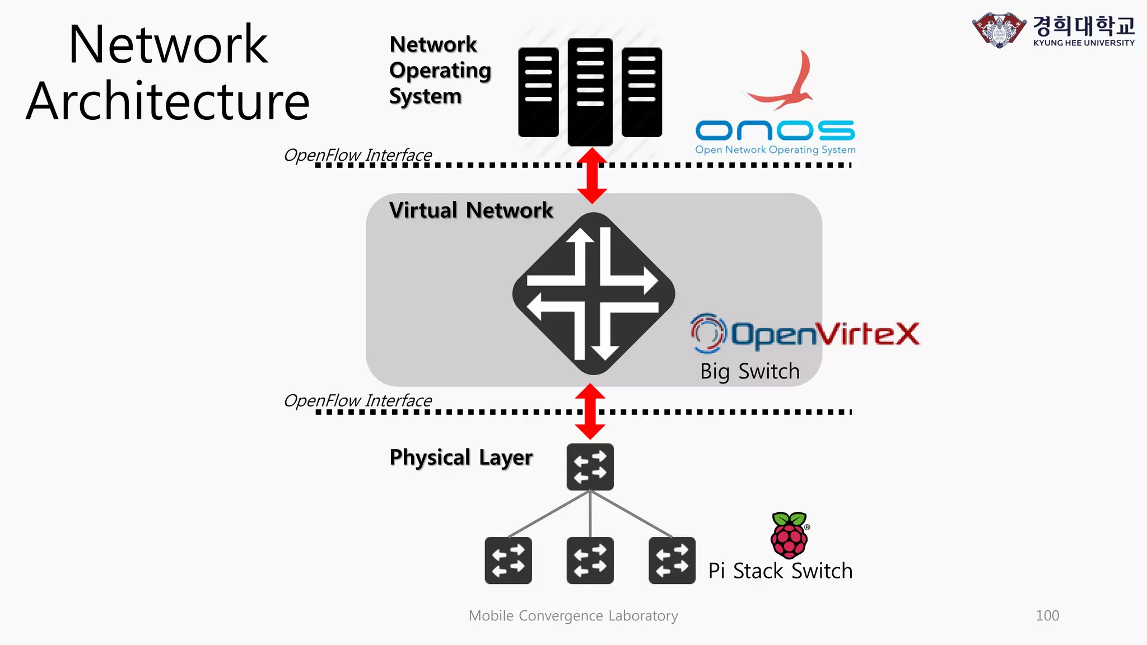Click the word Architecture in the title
point(168,102)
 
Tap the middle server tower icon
point(590,91)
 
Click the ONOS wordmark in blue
point(775,130)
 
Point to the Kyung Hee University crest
point(999,30)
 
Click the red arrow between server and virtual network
point(592,176)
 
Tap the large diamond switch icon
point(593,293)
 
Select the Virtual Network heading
point(471,211)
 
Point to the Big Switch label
point(749,371)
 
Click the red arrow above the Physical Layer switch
point(590,412)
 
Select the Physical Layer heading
point(461,457)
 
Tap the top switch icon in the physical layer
point(590,467)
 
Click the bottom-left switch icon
point(508,560)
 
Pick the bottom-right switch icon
point(672,560)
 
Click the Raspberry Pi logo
point(789,535)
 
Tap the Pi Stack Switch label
point(780,571)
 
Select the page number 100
point(1047,615)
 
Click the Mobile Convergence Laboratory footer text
point(573,615)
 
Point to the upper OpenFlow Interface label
point(358,155)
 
